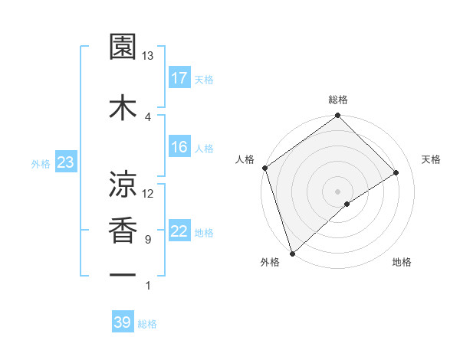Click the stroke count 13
click(x=148, y=56)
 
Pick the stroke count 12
click(x=148, y=194)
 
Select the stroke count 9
click(x=148, y=240)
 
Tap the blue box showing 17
click(x=179, y=77)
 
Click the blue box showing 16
click(x=179, y=147)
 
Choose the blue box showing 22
click(x=179, y=231)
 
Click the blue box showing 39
click(x=122, y=322)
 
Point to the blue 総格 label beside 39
click(x=147, y=324)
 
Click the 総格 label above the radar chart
click(x=338, y=100)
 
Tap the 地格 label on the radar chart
click(x=402, y=263)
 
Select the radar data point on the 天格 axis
click(x=396, y=172)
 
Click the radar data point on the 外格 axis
click(x=291, y=253)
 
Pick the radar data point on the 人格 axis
click(x=264, y=168)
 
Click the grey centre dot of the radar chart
click(x=337, y=191)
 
